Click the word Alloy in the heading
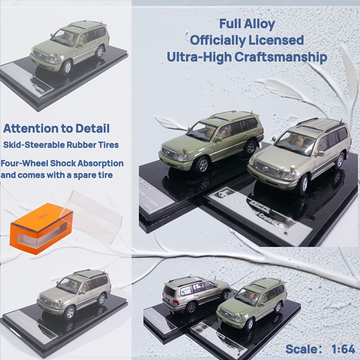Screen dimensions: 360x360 (x=259, y=24)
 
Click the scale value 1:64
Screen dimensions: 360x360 (x=343, y=349)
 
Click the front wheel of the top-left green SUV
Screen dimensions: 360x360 (x=67, y=67)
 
